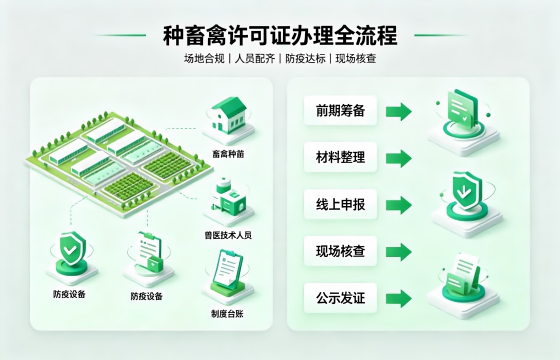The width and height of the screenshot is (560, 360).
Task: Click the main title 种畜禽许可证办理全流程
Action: (280, 35)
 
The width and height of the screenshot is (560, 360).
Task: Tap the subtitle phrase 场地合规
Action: (204, 58)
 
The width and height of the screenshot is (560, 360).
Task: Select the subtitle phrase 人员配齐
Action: (255, 58)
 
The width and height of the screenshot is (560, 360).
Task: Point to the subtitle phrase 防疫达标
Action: (305, 58)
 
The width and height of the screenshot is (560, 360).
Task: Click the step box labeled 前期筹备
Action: (340, 110)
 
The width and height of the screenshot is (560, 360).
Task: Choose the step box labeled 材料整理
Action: (340, 157)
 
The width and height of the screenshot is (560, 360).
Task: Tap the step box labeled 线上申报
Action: (340, 204)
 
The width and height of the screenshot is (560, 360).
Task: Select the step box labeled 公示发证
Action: (340, 298)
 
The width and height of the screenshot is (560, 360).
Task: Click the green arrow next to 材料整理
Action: (399, 158)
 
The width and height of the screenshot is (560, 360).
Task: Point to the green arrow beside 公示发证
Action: (399, 299)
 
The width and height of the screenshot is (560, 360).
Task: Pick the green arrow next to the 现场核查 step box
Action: (399, 252)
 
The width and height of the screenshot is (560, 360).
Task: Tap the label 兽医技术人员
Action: (228, 235)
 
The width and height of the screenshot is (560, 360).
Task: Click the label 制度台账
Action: (227, 314)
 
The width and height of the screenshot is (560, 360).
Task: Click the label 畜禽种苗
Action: (228, 154)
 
